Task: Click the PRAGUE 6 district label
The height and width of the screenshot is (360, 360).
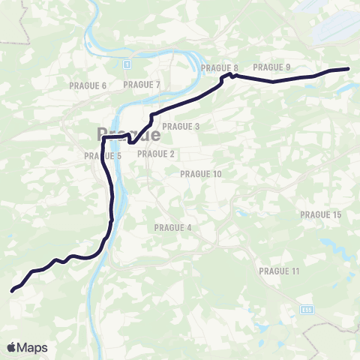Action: pyautogui.click(x=88, y=85)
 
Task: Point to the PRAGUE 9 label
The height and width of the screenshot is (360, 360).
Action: pyautogui.click(x=272, y=67)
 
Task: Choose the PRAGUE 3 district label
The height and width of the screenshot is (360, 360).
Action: pyautogui.click(x=181, y=127)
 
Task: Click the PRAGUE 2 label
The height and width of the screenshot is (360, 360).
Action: pyautogui.click(x=156, y=154)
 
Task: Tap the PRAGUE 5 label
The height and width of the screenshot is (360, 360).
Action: pyautogui.click(x=103, y=156)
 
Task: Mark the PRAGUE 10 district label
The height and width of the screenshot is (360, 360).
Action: pyautogui.click(x=202, y=174)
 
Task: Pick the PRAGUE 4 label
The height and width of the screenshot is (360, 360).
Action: pyautogui.click(x=173, y=227)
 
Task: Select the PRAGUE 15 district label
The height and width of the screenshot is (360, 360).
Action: pyautogui.click(x=321, y=214)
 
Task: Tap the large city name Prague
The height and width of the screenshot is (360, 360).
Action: pyautogui.click(x=128, y=135)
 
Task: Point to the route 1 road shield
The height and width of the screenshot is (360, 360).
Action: pyautogui.click(x=128, y=64)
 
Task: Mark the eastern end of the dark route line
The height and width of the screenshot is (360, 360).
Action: pyautogui.click(x=349, y=69)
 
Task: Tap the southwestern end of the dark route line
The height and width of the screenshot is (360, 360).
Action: pyautogui.click(x=13, y=290)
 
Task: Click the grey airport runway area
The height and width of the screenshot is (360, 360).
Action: pyautogui.click(x=330, y=30)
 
